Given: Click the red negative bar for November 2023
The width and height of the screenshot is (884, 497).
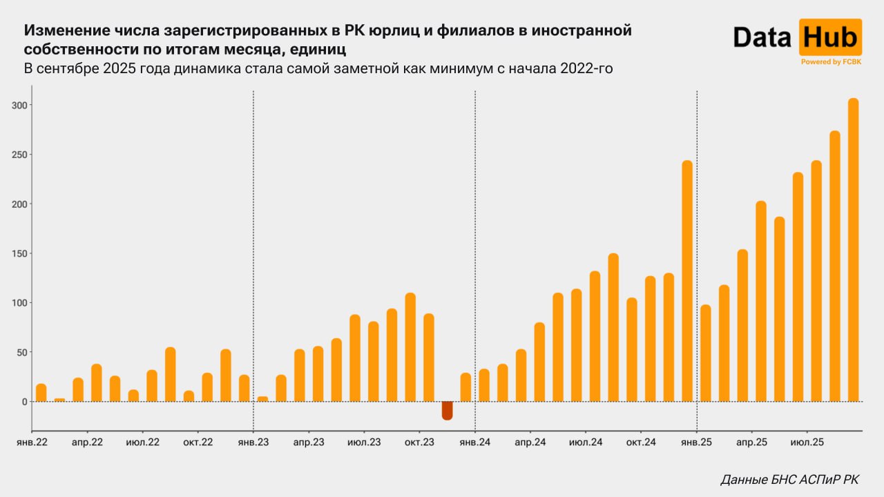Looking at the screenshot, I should point(448,410).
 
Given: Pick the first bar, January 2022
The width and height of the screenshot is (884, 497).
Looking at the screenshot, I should point(41,393).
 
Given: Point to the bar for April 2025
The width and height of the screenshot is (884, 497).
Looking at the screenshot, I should point(761,301).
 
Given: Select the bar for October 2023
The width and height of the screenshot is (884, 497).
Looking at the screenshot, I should point(429,358).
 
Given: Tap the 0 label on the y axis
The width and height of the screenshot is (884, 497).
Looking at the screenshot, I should point(23,402).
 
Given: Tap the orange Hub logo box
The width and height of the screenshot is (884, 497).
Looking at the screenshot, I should point(830,37).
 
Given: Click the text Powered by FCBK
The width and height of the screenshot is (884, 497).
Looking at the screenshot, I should point(830,62).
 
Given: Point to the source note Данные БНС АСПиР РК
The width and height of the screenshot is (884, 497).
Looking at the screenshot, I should point(790,479).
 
